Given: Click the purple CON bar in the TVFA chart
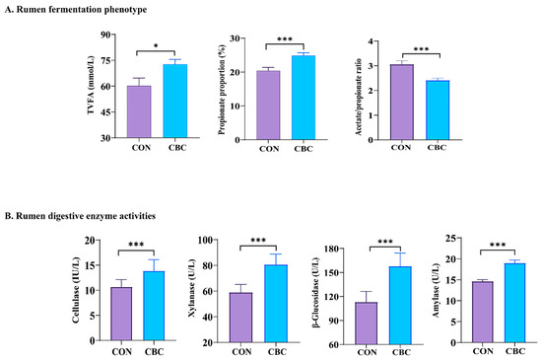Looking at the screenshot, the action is click(139, 111).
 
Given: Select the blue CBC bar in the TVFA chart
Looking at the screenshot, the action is click(175, 101).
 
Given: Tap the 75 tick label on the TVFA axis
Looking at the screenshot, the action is click(105, 60).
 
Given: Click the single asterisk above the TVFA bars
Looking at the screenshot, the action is click(156, 45).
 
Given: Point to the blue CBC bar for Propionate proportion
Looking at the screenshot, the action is click(304, 98).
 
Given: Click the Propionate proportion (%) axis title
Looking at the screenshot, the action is click(222, 90).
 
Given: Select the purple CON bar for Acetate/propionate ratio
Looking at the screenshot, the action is click(402, 102).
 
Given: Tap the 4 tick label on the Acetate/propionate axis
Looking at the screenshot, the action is click(371, 41).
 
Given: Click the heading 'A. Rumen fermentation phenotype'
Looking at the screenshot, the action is click(76, 10).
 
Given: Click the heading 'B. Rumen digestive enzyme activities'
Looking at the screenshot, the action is click(80, 216).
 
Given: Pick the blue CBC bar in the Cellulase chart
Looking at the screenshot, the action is click(154, 306).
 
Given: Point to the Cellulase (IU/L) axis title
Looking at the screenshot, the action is click(76, 290).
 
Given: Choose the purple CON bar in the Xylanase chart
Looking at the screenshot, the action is click(240, 318).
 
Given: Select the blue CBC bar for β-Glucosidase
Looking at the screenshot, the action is click(400, 306).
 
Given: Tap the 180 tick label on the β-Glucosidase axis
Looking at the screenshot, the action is click(331, 249).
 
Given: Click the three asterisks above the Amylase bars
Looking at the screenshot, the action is click(498, 245).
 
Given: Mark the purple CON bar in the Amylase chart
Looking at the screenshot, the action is click(483, 312).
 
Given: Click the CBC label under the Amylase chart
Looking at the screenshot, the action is click(515, 351).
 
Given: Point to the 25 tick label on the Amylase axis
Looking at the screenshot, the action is click(451, 238).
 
